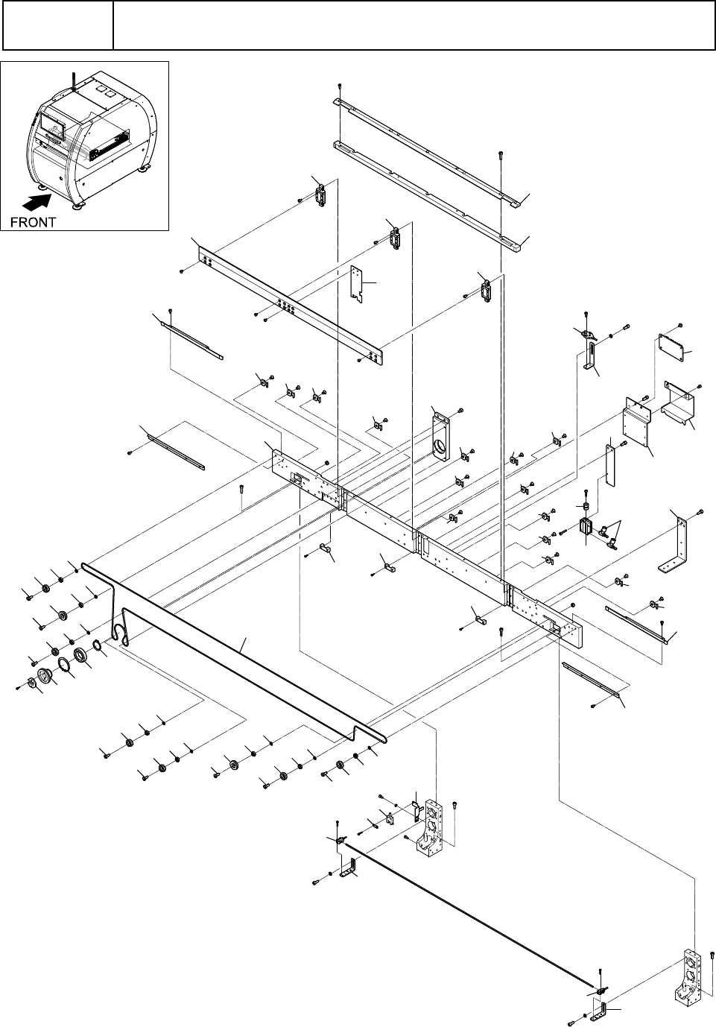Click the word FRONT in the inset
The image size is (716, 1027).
[33, 222]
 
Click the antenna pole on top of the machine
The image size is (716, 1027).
[74, 81]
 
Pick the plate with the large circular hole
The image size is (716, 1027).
[441, 436]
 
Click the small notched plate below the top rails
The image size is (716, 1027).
[356, 284]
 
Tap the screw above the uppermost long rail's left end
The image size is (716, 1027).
[340, 86]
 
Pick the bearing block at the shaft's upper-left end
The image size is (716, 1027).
[431, 825]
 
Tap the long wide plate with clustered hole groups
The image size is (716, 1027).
[290, 305]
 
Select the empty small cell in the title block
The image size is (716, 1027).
[58, 25]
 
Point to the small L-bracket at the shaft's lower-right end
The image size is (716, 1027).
[600, 1011]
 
